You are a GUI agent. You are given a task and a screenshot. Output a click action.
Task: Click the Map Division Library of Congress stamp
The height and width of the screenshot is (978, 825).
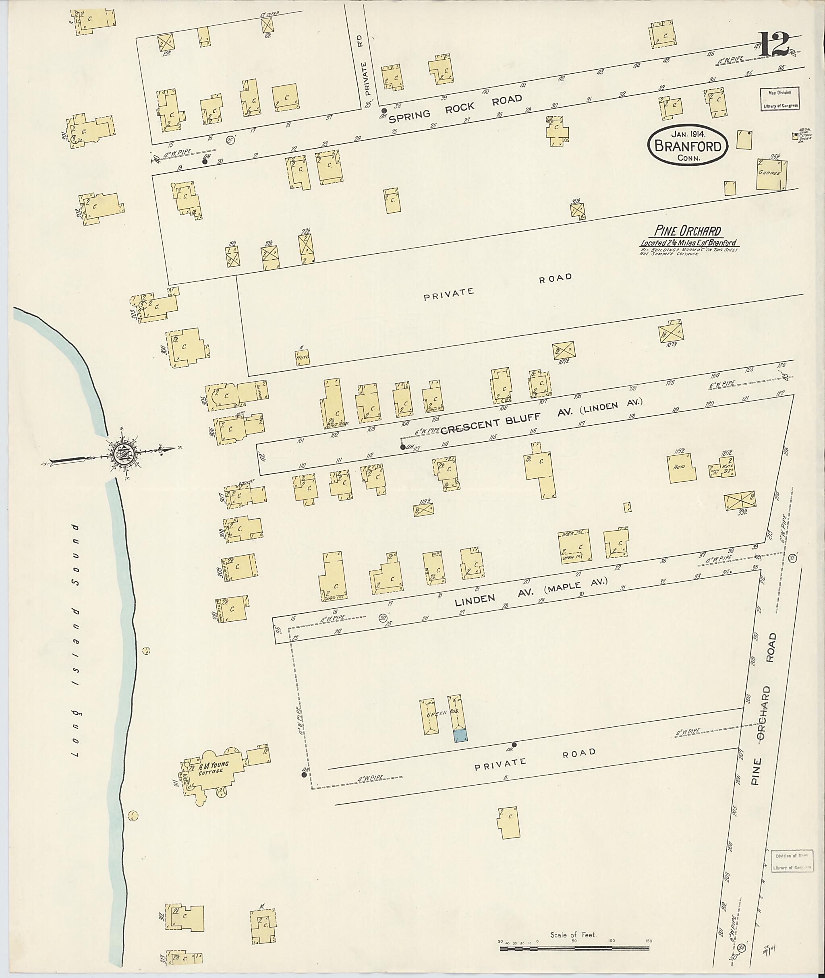(779, 99)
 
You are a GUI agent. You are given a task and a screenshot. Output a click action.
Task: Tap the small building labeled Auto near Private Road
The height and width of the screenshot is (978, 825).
(303, 358)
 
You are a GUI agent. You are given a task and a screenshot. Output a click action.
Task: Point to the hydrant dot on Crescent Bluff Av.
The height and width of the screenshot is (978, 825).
(403, 447)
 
